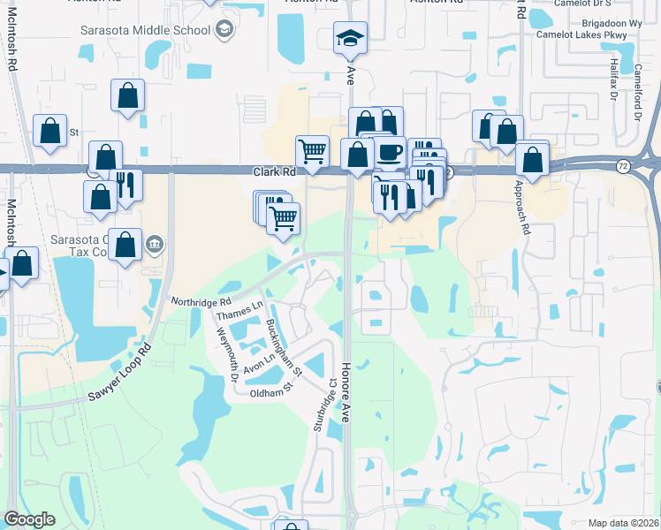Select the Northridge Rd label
[x=201, y=301]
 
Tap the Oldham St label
[x=270, y=392]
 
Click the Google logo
[x=30, y=519]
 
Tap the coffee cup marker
[x=389, y=152]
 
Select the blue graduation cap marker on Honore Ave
[x=350, y=39]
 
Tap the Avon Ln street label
[x=255, y=363]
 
